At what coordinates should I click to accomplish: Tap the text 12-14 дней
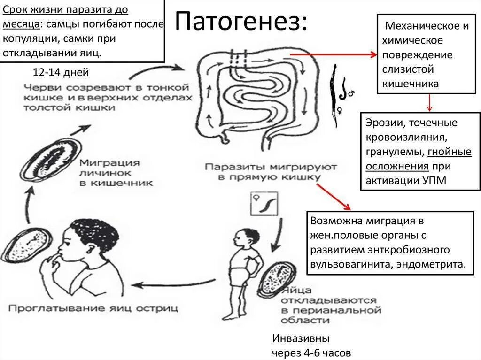(x=61, y=72)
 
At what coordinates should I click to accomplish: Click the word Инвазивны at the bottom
(x=301, y=338)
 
